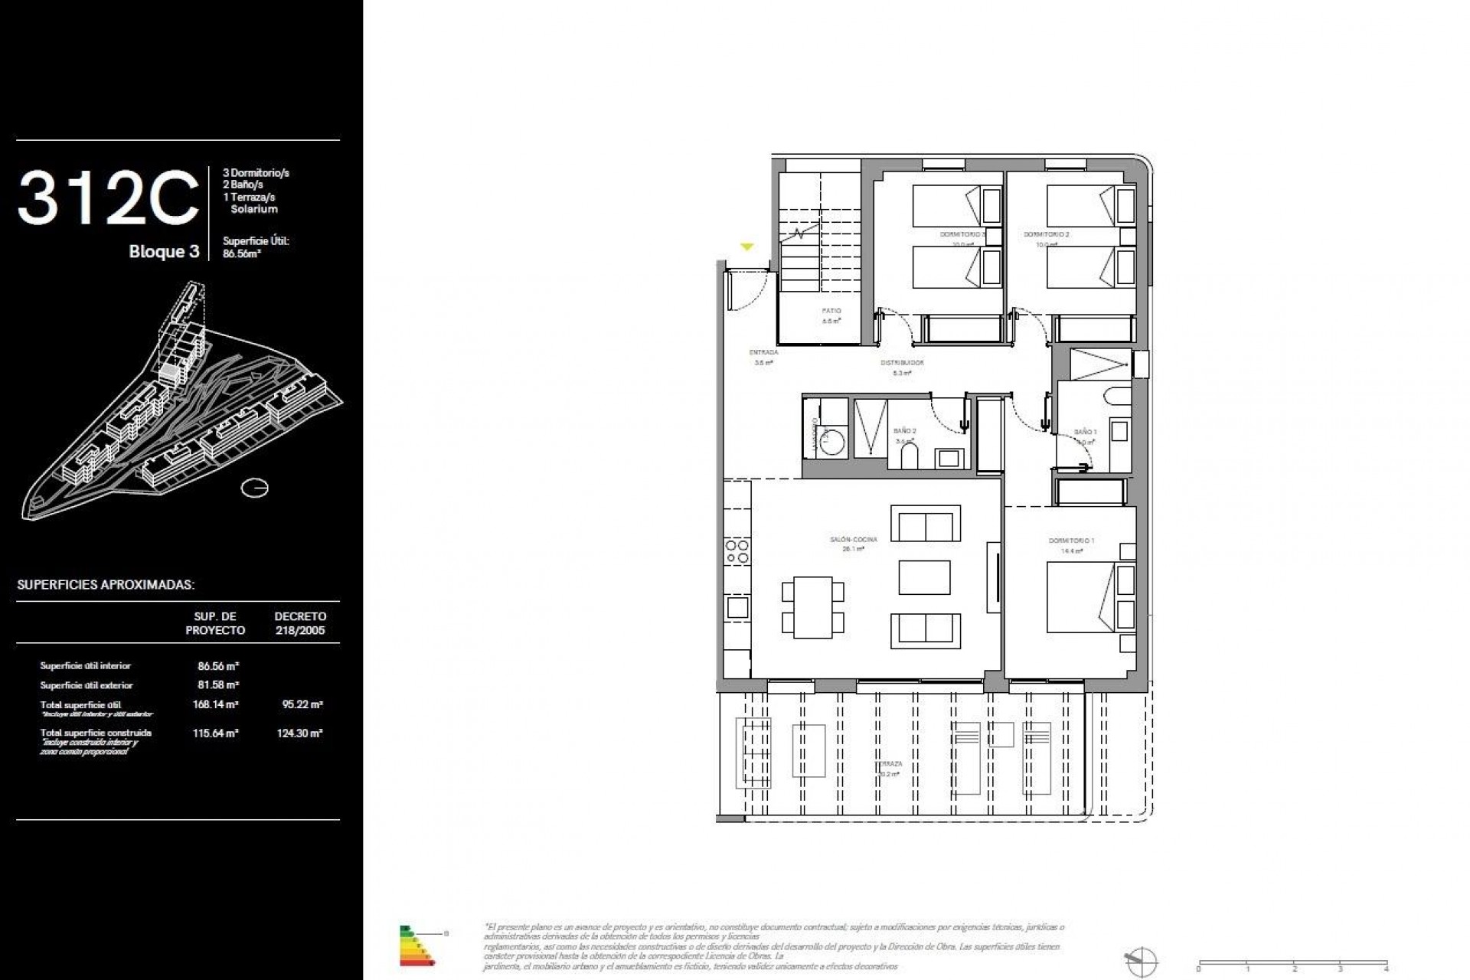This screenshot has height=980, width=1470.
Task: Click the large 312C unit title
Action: (x=107, y=198)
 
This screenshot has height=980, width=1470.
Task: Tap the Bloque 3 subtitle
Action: (x=164, y=252)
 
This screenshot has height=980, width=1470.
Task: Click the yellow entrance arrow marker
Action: (x=746, y=247)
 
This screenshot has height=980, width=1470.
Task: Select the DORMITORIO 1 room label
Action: (x=1071, y=541)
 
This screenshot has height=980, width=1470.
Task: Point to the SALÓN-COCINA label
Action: (x=853, y=540)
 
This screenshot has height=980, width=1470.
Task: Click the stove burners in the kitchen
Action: (x=737, y=551)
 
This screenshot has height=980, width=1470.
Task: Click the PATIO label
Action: (x=831, y=312)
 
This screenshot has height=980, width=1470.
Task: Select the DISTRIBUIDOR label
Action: (x=902, y=363)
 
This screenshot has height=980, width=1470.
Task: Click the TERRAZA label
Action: (x=890, y=764)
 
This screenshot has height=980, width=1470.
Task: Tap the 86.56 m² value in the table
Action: (x=218, y=666)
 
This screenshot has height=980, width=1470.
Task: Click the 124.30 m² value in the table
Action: (x=299, y=733)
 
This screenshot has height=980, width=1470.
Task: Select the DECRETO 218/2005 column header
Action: (x=300, y=623)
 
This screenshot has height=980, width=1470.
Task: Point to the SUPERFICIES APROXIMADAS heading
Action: (x=106, y=585)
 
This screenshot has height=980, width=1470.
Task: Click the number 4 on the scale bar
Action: (x=1387, y=969)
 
